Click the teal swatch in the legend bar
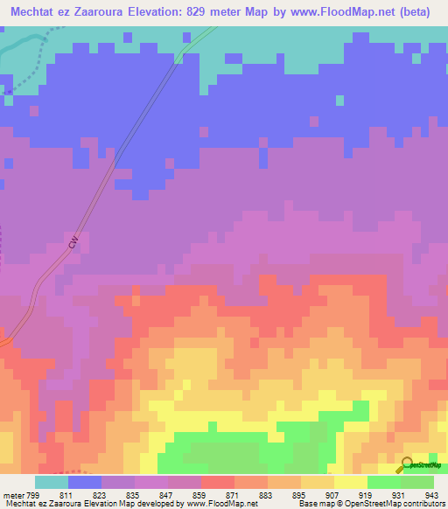coord(52,482)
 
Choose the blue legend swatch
coord(85,482)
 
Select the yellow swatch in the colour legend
coord(351,482)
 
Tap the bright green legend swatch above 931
coord(384,482)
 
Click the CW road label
coord(74,240)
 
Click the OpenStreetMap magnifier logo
coord(407,464)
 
